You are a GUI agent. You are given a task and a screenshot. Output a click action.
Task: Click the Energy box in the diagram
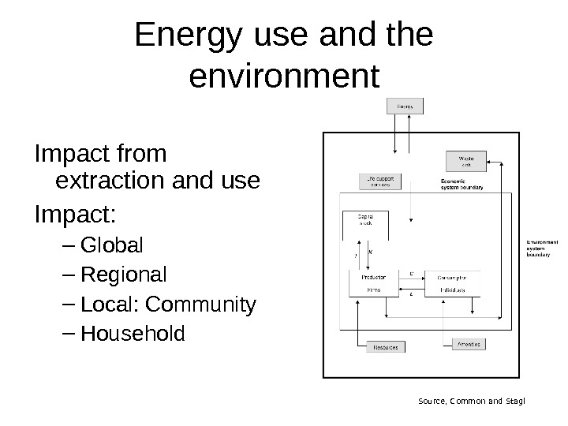pos(405,105)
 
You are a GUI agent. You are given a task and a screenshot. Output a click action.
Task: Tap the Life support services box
pos(381,181)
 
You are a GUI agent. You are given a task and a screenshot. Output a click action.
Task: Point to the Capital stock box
pos(366,219)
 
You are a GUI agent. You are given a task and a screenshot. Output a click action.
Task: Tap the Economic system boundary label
pos(461,185)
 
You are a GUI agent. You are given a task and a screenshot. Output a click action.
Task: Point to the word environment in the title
pos(285,77)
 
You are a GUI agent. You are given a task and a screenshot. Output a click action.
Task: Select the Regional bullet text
pos(124,275)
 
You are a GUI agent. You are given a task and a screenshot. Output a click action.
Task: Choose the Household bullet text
pos(133,334)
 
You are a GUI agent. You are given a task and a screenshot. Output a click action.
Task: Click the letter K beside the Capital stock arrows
pos(372,252)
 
